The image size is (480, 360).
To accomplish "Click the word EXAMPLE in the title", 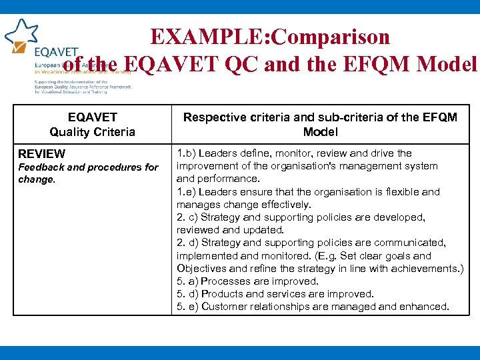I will click(194, 37).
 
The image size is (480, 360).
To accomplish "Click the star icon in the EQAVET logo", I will click(22, 32).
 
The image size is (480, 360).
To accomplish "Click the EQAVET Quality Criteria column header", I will click(92, 125).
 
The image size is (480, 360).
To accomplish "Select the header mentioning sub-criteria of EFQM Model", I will click(320, 125).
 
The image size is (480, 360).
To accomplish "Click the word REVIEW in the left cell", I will click(42, 154).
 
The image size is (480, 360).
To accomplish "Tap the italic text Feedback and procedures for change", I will click(88, 173).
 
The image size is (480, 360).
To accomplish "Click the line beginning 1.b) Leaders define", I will click(294, 153).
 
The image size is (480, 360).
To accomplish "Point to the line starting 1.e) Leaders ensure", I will click(308, 192).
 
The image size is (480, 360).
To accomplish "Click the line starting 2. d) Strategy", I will click(311, 243).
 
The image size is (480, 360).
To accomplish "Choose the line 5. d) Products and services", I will click(275, 294).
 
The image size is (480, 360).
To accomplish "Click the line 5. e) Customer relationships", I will click(313, 307).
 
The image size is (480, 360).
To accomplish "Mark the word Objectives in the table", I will click(203, 269).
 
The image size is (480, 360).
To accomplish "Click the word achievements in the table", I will click(427, 269).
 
